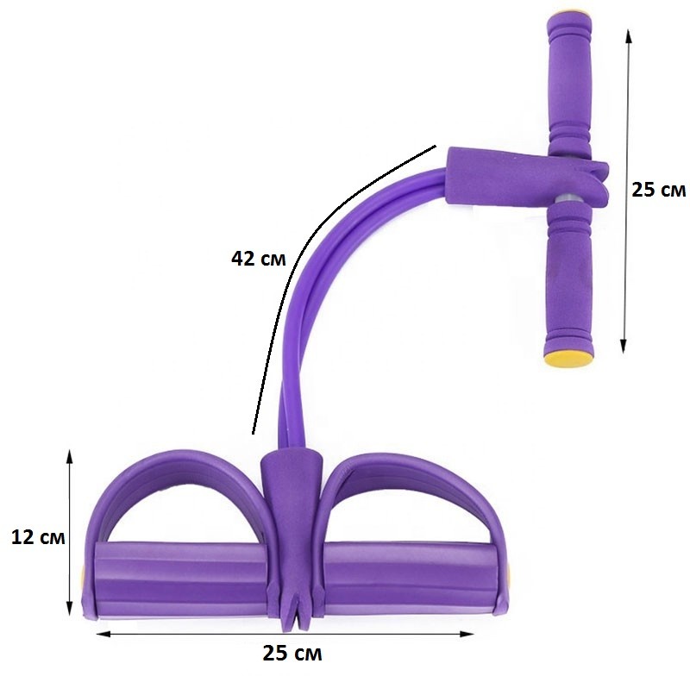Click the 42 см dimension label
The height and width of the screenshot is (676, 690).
258,259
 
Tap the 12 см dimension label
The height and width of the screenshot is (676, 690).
38,537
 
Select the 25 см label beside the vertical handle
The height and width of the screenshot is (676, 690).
658,190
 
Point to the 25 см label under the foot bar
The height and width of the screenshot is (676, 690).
292,653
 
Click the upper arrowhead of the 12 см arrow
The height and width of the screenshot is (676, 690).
69,456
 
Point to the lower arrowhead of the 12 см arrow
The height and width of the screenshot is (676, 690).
69,608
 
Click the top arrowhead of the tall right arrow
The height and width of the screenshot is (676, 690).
629,37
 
